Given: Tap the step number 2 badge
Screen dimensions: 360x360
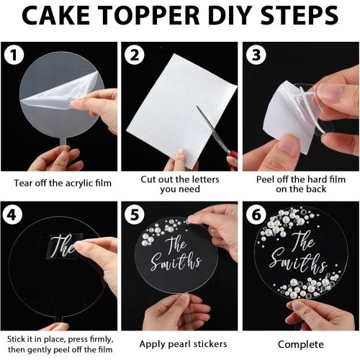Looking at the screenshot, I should tap(135, 55).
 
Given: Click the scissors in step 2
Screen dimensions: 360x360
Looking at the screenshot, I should tap(216, 132).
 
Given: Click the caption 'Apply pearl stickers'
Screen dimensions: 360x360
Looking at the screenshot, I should tap(177, 344).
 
